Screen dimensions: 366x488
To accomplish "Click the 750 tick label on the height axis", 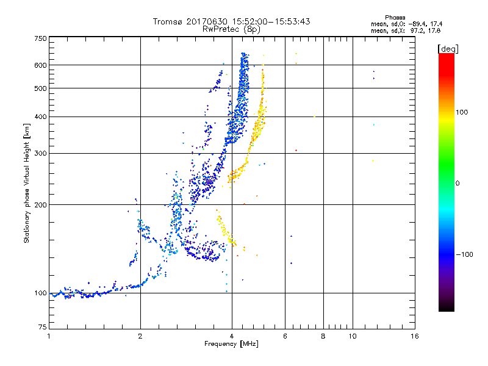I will [x=40, y=38].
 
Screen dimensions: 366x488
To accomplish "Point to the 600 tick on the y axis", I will [x=40, y=65].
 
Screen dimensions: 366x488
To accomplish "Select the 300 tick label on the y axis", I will [x=40, y=153].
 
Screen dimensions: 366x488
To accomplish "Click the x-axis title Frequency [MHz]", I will [x=232, y=345].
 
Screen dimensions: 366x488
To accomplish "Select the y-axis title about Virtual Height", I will [x=27, y=183].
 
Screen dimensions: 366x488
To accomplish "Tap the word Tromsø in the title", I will [x=168, y=21].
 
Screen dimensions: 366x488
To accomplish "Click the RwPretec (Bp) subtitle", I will [x=232, y=29].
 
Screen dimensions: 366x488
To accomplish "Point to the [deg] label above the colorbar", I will [x=447, y=48].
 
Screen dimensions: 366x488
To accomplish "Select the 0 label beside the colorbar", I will [x=458, y=183].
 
